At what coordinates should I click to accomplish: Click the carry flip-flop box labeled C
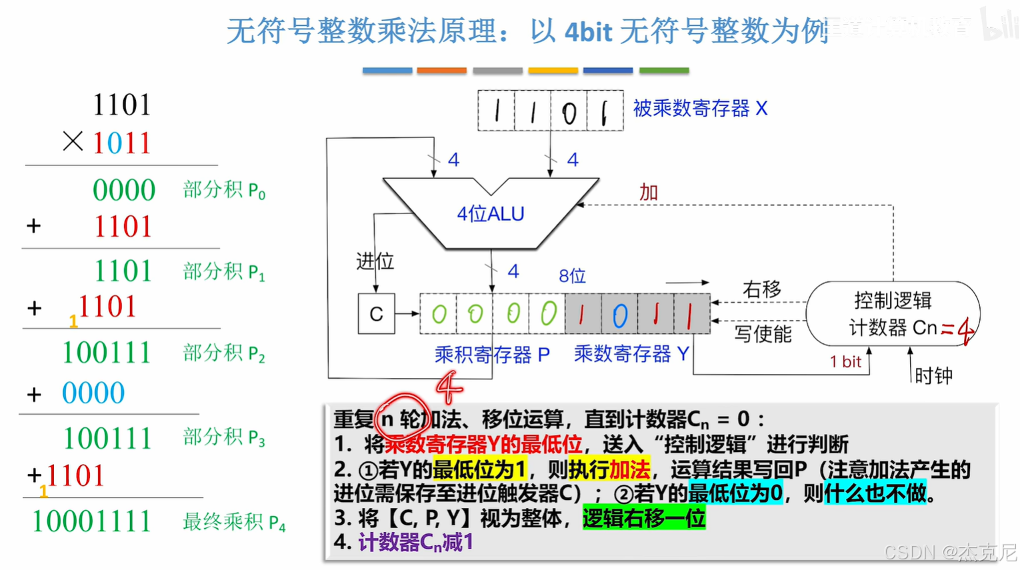pos(376,313)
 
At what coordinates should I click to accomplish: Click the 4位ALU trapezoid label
pos(491,214)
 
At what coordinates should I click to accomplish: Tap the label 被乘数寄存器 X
pos(700,109)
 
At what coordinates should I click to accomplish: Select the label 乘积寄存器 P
pos(492,355)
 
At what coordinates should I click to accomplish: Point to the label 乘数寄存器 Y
pos(631,354)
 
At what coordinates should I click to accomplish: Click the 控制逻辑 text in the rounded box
pos(893,301)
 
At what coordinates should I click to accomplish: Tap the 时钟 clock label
pos(933,376)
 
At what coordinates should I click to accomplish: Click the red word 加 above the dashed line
pos(648,193)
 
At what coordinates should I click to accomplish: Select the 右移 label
pos(761,290)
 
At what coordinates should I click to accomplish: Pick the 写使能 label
pos(763,333)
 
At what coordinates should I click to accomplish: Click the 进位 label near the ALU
pos(375,261)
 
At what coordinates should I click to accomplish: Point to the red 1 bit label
pos(845,362)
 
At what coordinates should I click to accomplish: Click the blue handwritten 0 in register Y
pos(619,315)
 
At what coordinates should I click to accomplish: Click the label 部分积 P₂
pos(224,353)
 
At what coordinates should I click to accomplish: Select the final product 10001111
pos(92,521)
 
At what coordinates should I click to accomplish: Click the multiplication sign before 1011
pos(72,141)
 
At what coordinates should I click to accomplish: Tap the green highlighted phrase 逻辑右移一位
pos(643,518)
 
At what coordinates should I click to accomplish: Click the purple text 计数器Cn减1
pos(415,543)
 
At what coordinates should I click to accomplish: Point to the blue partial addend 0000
pos(93,393)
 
